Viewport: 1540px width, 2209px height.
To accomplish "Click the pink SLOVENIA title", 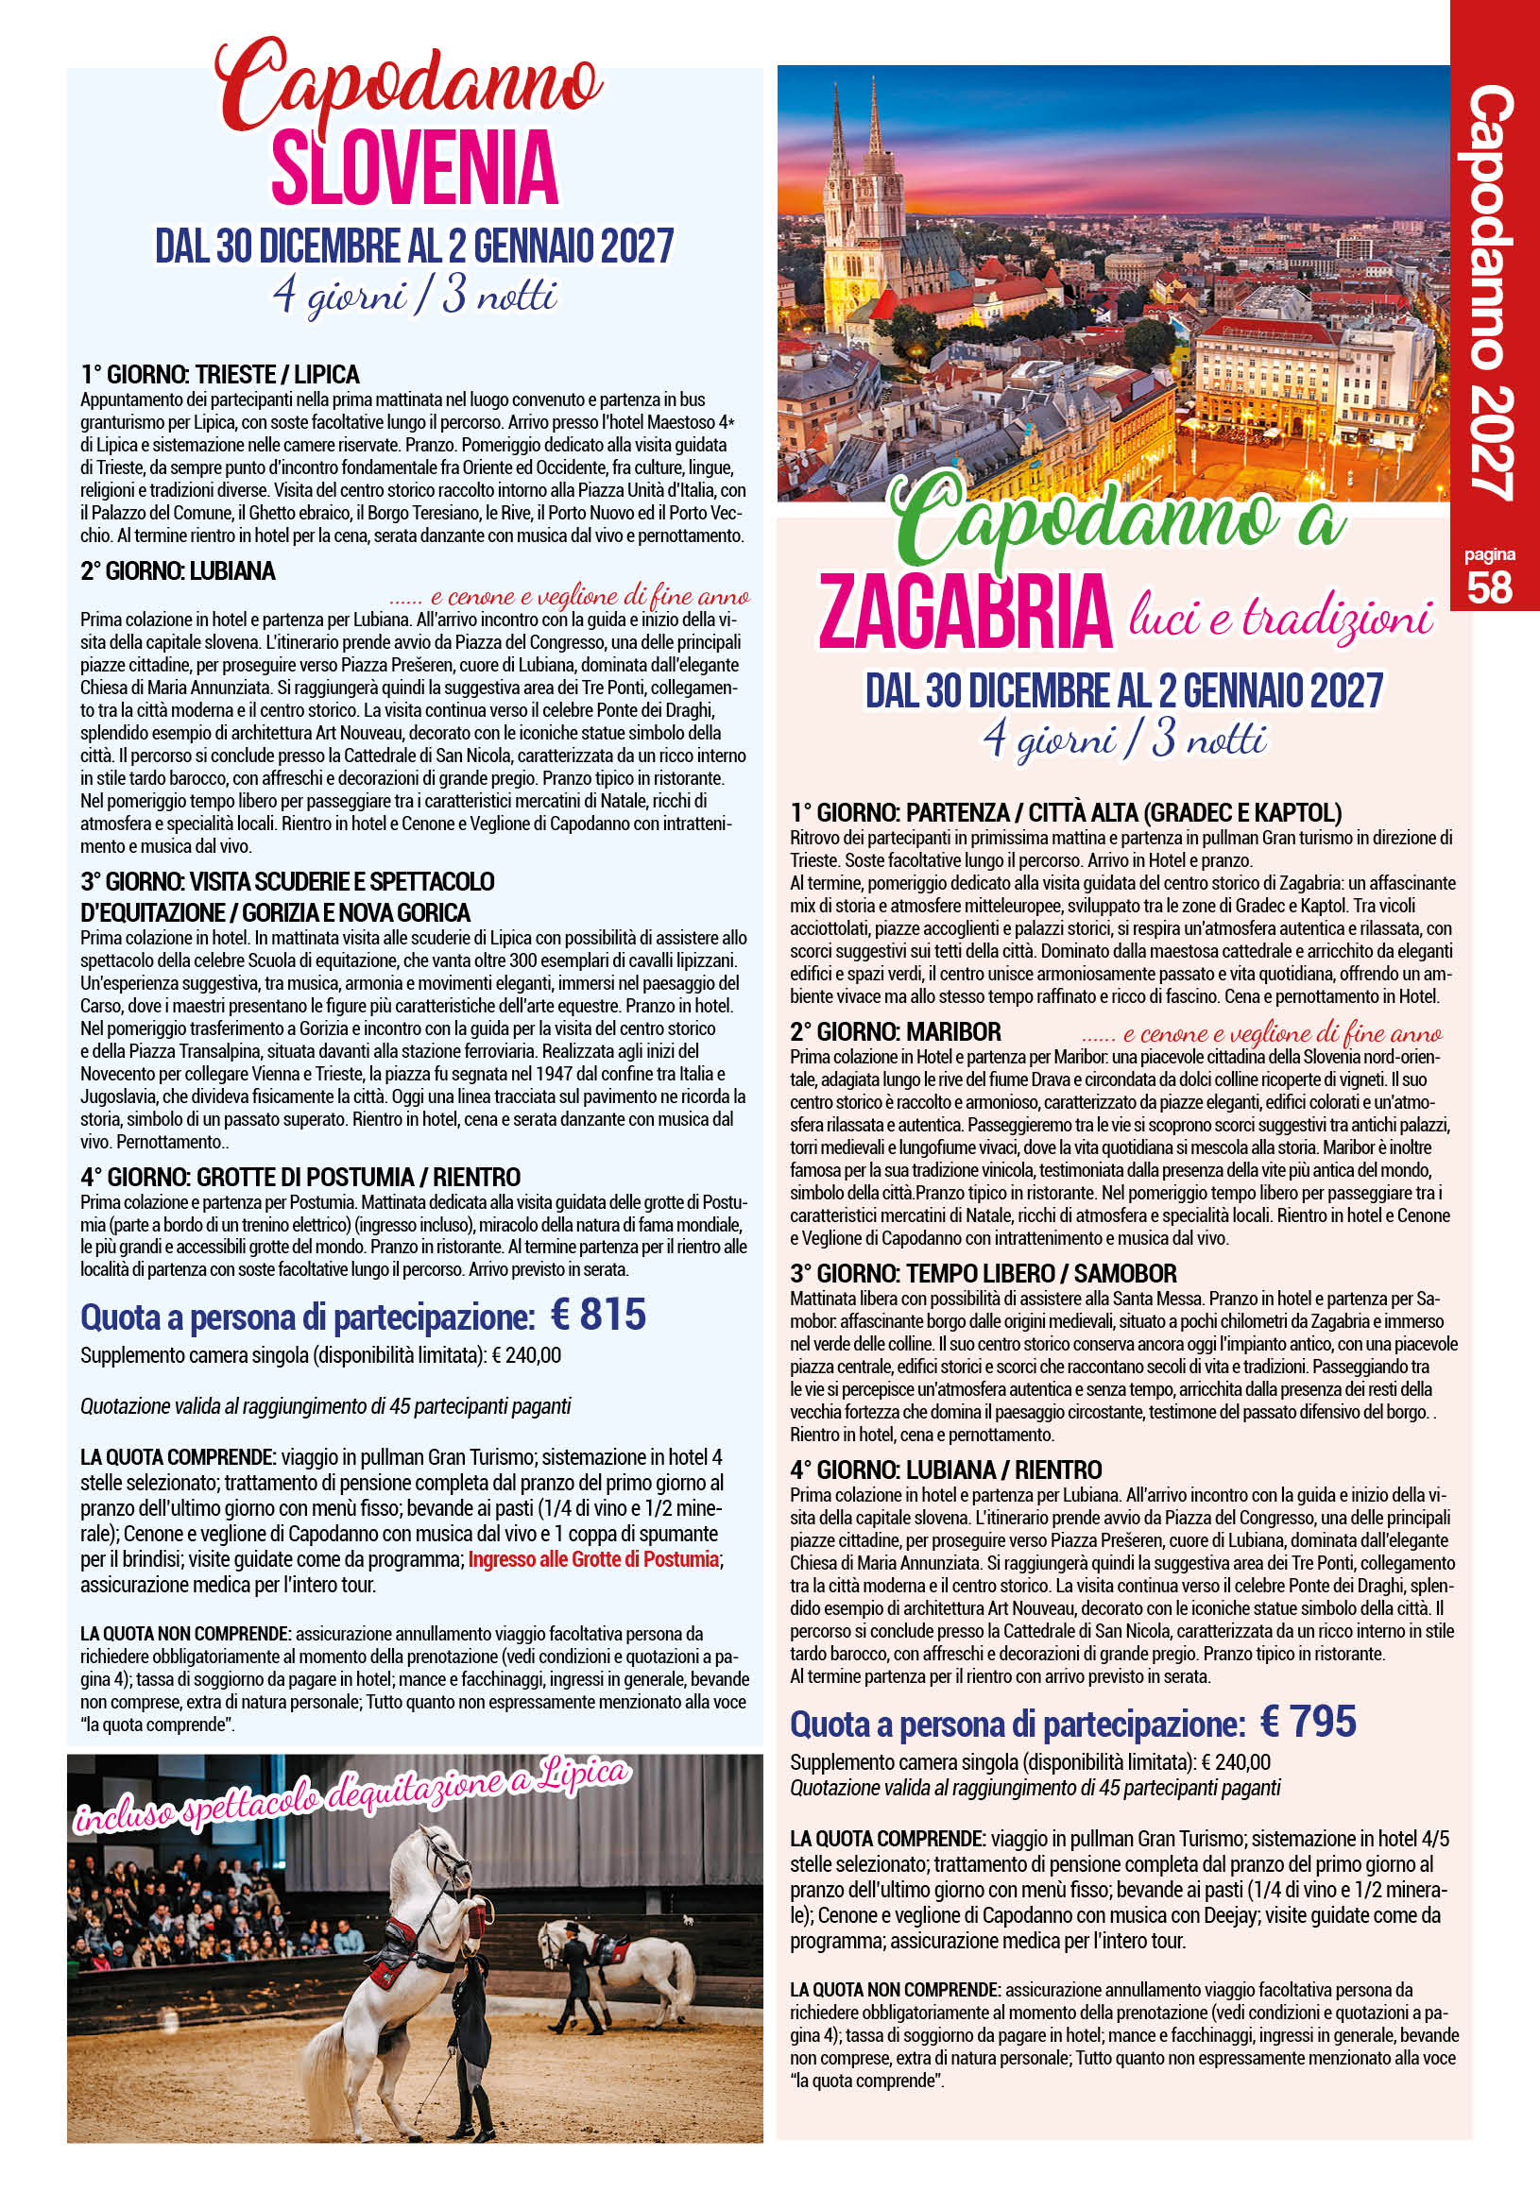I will pyautogui.click(x=415, y=169).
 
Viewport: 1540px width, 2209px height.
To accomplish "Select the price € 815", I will pyautogui.click(x=599, y=1315).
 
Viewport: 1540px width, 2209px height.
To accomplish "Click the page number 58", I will pyautogui.click(x=1490, y=586).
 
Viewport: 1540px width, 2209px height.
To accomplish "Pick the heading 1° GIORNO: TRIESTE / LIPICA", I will pyautogui.click(x=220, y=374).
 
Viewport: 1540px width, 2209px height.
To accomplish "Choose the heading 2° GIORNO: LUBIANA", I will pyautogui.click(x=178, y=571).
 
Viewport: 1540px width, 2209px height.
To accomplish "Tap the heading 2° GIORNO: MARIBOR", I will pyautogui.click(x=895, y=1032).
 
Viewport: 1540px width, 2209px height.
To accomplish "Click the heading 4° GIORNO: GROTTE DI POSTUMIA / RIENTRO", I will pyautogui.click(x=300, y=1177).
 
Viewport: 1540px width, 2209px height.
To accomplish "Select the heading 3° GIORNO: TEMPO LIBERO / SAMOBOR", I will pyautogui.click(x=983, y=1274).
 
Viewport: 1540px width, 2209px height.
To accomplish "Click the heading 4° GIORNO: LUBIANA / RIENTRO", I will pyautogui.click(x=946, y=1470).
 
